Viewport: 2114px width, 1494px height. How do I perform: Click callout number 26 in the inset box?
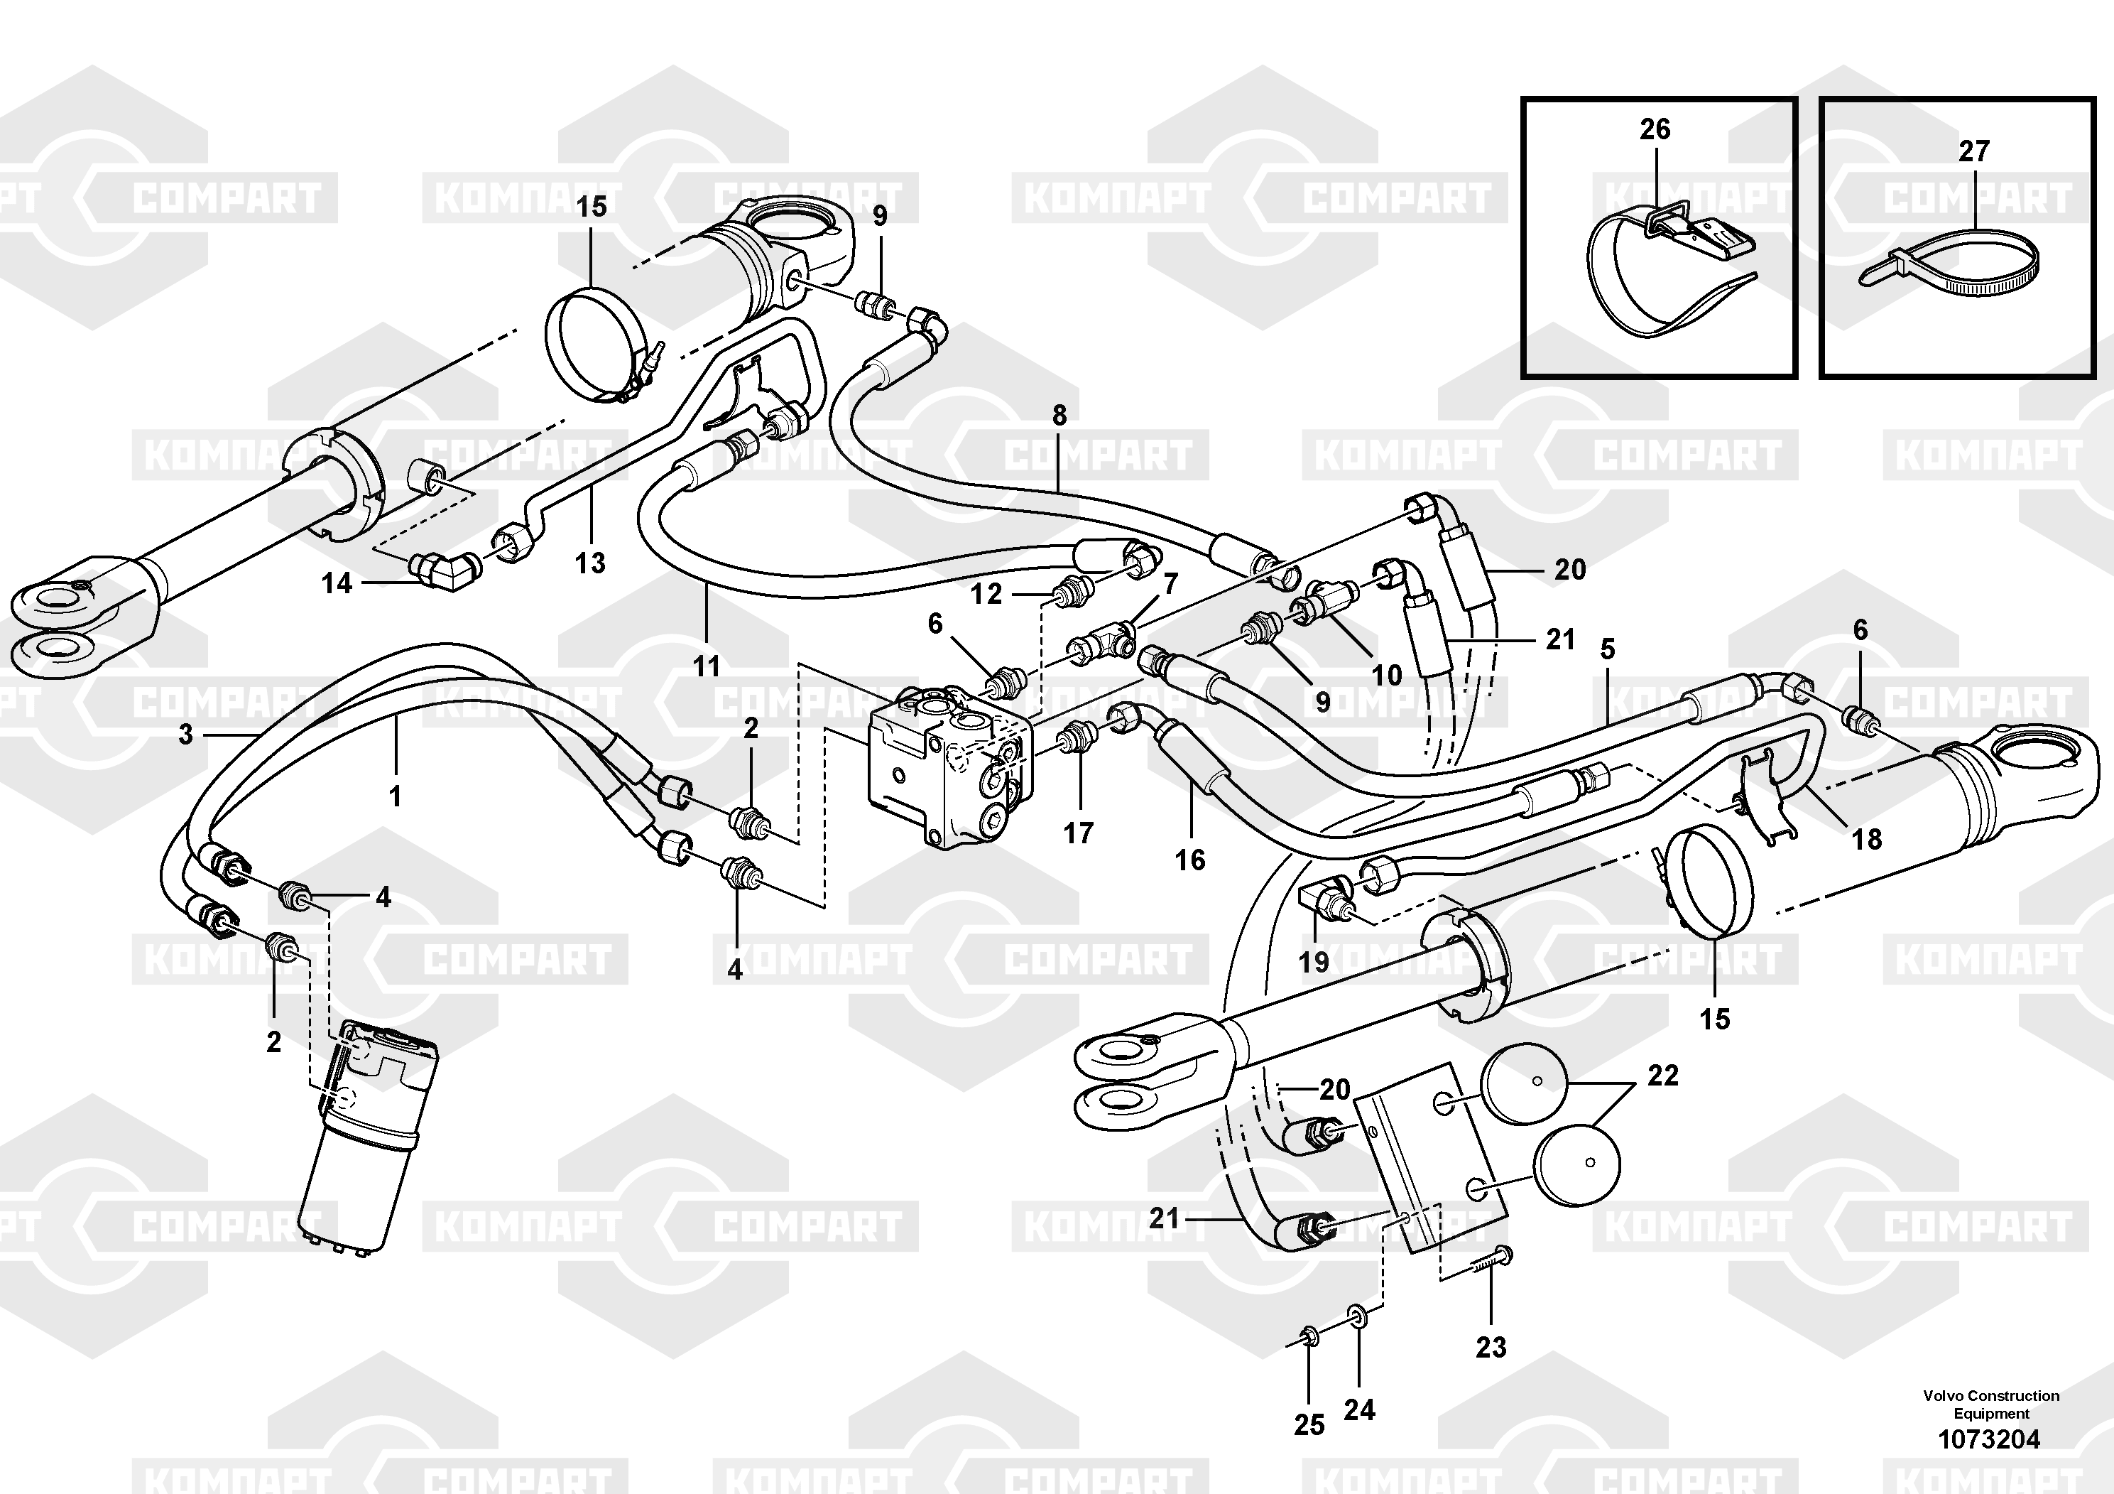pos(1655,130)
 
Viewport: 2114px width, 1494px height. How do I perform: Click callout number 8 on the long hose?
pos(1059,416)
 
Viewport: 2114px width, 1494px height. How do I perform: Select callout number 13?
pos(590,562)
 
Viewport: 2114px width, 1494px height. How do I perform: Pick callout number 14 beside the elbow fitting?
pos(337,583)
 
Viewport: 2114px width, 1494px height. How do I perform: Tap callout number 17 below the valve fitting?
pos(1078,833)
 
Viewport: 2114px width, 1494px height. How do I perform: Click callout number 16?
pos(1189,860)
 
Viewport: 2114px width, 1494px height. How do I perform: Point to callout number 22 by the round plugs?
pos(1663,1075)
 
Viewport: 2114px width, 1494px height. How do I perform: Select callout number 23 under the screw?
pos(1491,1348)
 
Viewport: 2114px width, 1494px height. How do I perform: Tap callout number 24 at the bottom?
pos(1359,1409)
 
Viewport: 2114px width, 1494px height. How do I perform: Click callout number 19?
pos(1314,962)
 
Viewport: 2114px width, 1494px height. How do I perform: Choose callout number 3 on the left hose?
pos(186,734)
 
